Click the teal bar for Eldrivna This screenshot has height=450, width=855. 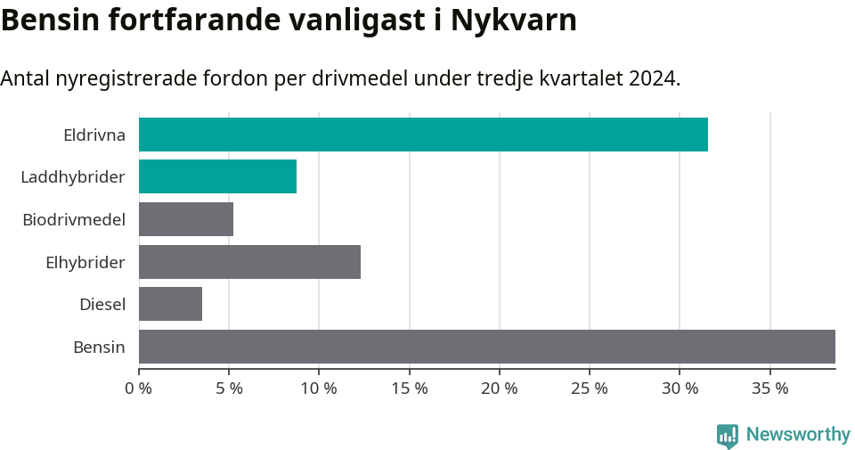tap(423, 135)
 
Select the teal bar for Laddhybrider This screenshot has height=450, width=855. tap(217, 176)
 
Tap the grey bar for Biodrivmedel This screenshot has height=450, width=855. tap(186, 219)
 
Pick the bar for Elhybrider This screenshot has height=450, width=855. tap(249, 262)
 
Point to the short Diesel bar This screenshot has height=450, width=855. tap(170, 304)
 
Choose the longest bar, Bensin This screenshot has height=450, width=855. tap(486, 347)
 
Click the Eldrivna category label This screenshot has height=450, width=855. tap(94, 135)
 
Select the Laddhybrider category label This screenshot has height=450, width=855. tap(72, 177)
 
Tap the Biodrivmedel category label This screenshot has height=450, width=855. tap(73, 219)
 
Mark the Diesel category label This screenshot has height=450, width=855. tap(102, 305)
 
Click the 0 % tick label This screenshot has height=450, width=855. tap(139, 389)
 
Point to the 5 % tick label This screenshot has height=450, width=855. tap(229, 389)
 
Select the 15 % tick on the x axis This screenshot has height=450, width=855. tap(409, 389)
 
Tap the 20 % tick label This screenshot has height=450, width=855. tap(499, 389)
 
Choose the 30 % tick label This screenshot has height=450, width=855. tap(680, 389)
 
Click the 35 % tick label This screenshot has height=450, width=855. tap(769, 389)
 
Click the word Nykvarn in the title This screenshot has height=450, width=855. tap(514, 20)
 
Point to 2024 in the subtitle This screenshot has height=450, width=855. tap(652, 78)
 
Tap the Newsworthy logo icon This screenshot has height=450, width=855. tap(727, 436)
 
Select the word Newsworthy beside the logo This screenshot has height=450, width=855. tap(798, 435)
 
